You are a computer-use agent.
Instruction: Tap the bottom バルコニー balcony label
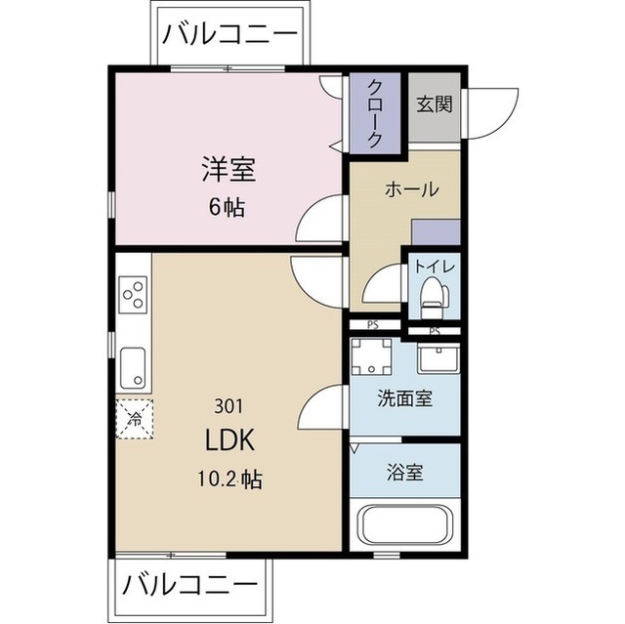tap(189, 588)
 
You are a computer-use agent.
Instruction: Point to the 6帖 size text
tap(228, 207)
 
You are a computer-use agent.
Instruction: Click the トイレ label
tap(432, 265)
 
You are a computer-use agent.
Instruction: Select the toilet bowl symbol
tap(430, 296)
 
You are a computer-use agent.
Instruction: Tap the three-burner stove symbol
tap(133, 295)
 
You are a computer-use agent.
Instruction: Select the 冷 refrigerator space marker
tap(135, 418)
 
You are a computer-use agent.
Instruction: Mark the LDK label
tap(229, 440)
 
